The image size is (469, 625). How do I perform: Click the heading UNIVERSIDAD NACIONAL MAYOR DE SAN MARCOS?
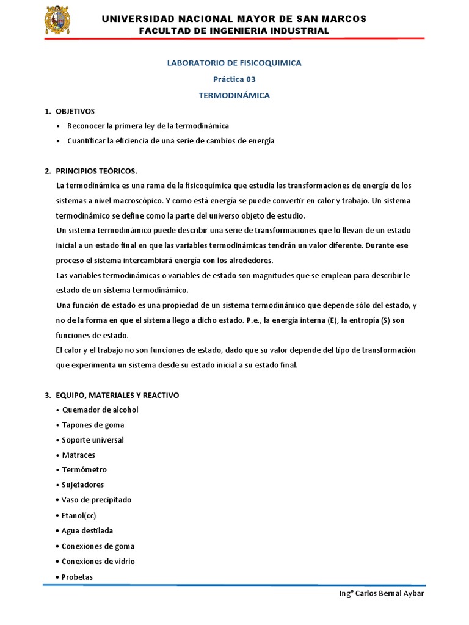point(234,19)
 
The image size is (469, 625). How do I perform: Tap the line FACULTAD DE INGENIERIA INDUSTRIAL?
point(234,31)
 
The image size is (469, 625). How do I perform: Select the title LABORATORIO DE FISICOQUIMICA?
point(234,63)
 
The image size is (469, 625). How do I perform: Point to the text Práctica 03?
point(234,79)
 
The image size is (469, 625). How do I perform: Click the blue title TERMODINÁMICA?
point(234,95)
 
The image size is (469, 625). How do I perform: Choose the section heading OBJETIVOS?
point(75,111)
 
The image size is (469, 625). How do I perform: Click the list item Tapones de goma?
point(93,425)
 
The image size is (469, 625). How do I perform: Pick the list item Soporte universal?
point(93,440)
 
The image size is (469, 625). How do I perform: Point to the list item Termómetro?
point(84,470)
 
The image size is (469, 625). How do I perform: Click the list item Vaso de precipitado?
point(96,500)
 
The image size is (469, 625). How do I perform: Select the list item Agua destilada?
point(87,530)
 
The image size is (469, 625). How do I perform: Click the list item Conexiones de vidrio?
point(98,561)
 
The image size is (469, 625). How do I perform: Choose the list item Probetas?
point(77,577)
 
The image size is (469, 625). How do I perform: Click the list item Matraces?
point(79,455)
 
